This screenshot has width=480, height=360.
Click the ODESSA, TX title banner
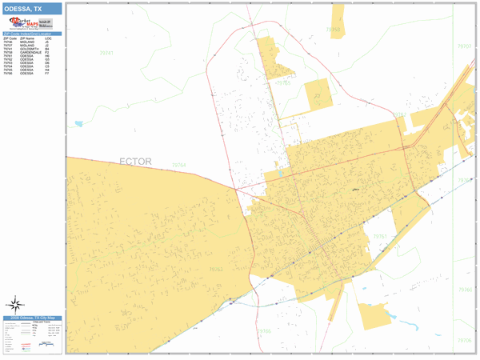point(32,7)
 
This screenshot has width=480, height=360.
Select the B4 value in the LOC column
point(48,49)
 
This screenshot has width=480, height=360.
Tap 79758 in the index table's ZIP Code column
point(9,52)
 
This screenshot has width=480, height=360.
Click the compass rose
point(15,304)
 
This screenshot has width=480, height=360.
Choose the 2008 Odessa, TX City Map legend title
point(32,318)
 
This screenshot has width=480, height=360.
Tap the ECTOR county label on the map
point(135,162)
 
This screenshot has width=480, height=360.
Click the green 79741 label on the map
point(105,54)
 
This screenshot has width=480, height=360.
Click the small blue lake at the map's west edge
point(78,124)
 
